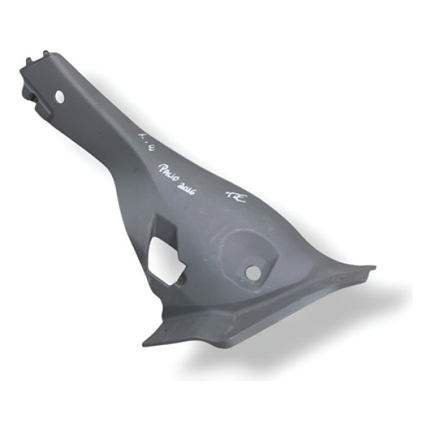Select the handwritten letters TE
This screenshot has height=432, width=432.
pos(235,196)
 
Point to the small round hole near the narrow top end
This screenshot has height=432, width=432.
pos(60,95)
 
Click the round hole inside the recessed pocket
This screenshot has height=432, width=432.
pos(253,271)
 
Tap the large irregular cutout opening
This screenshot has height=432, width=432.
pos(166,260)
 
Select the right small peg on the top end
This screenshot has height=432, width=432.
pos(45,54)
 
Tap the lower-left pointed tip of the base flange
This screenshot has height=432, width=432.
pos(147,341)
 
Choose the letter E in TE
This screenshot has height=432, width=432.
pos(240,198)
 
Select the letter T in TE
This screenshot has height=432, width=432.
pos(231,194)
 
